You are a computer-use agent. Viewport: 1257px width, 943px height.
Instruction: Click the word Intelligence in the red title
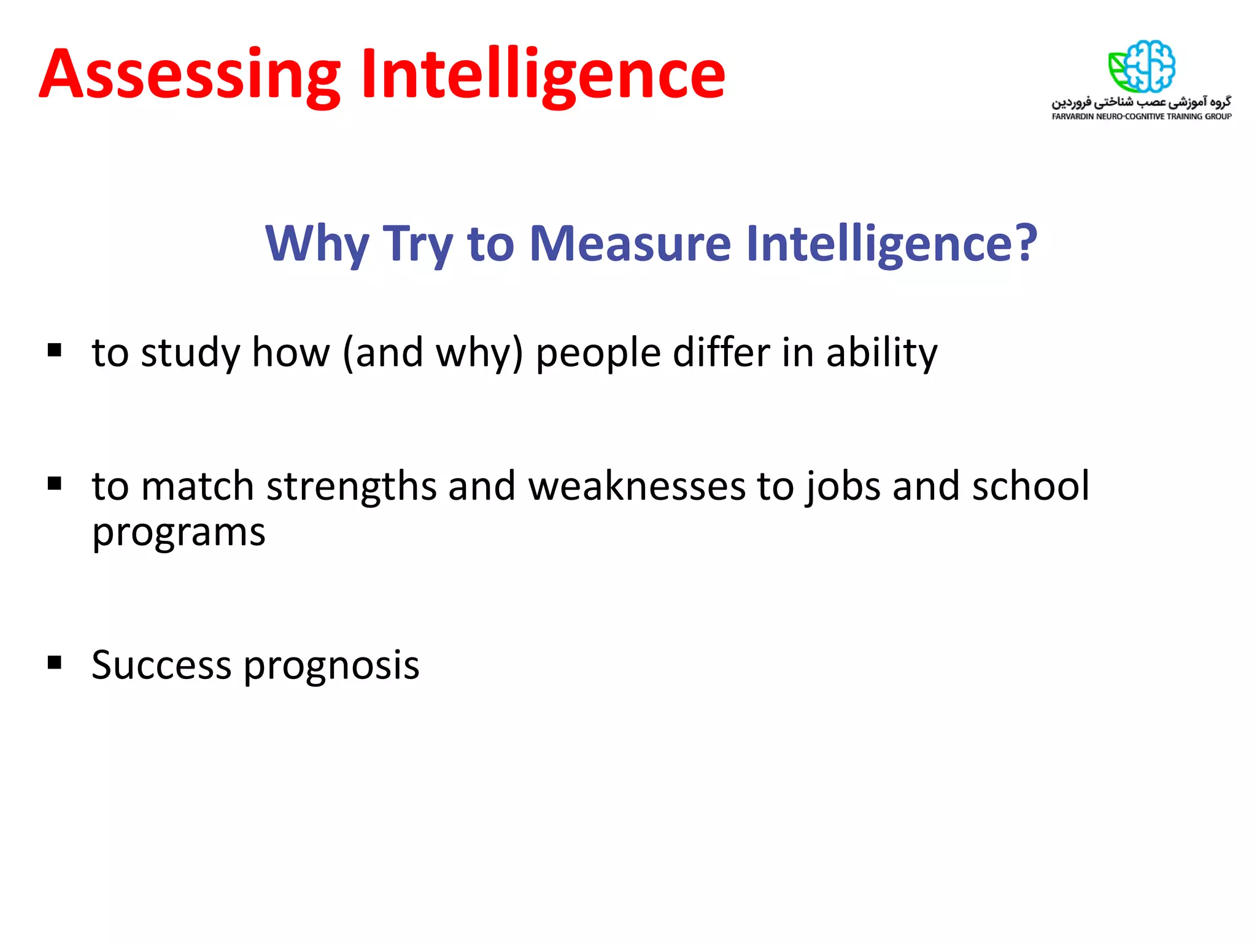(543, 75)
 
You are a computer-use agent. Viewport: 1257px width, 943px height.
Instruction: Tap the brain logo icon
(1142, 66)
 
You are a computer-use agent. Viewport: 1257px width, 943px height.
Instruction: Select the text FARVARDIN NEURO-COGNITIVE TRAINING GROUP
(1142, 117)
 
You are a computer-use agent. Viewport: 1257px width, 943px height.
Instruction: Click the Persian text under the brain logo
(1142, 101)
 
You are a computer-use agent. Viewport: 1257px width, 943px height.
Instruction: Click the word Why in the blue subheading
(317, 244)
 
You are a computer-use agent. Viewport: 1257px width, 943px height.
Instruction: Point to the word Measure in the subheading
(630, 243)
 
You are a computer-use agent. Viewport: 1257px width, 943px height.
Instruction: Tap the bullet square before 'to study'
(55, 350)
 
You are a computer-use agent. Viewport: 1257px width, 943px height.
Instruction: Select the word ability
(881, 354)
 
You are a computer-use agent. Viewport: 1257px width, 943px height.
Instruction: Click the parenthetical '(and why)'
(433, 354)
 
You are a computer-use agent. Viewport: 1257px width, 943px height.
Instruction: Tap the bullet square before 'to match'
(55, 484)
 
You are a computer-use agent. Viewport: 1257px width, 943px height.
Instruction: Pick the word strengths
(350, 486)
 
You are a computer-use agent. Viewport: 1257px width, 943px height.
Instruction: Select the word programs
(179, 533)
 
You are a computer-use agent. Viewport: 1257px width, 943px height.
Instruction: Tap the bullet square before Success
(55, 662)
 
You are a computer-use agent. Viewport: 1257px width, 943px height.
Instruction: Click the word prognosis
(331, 667)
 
